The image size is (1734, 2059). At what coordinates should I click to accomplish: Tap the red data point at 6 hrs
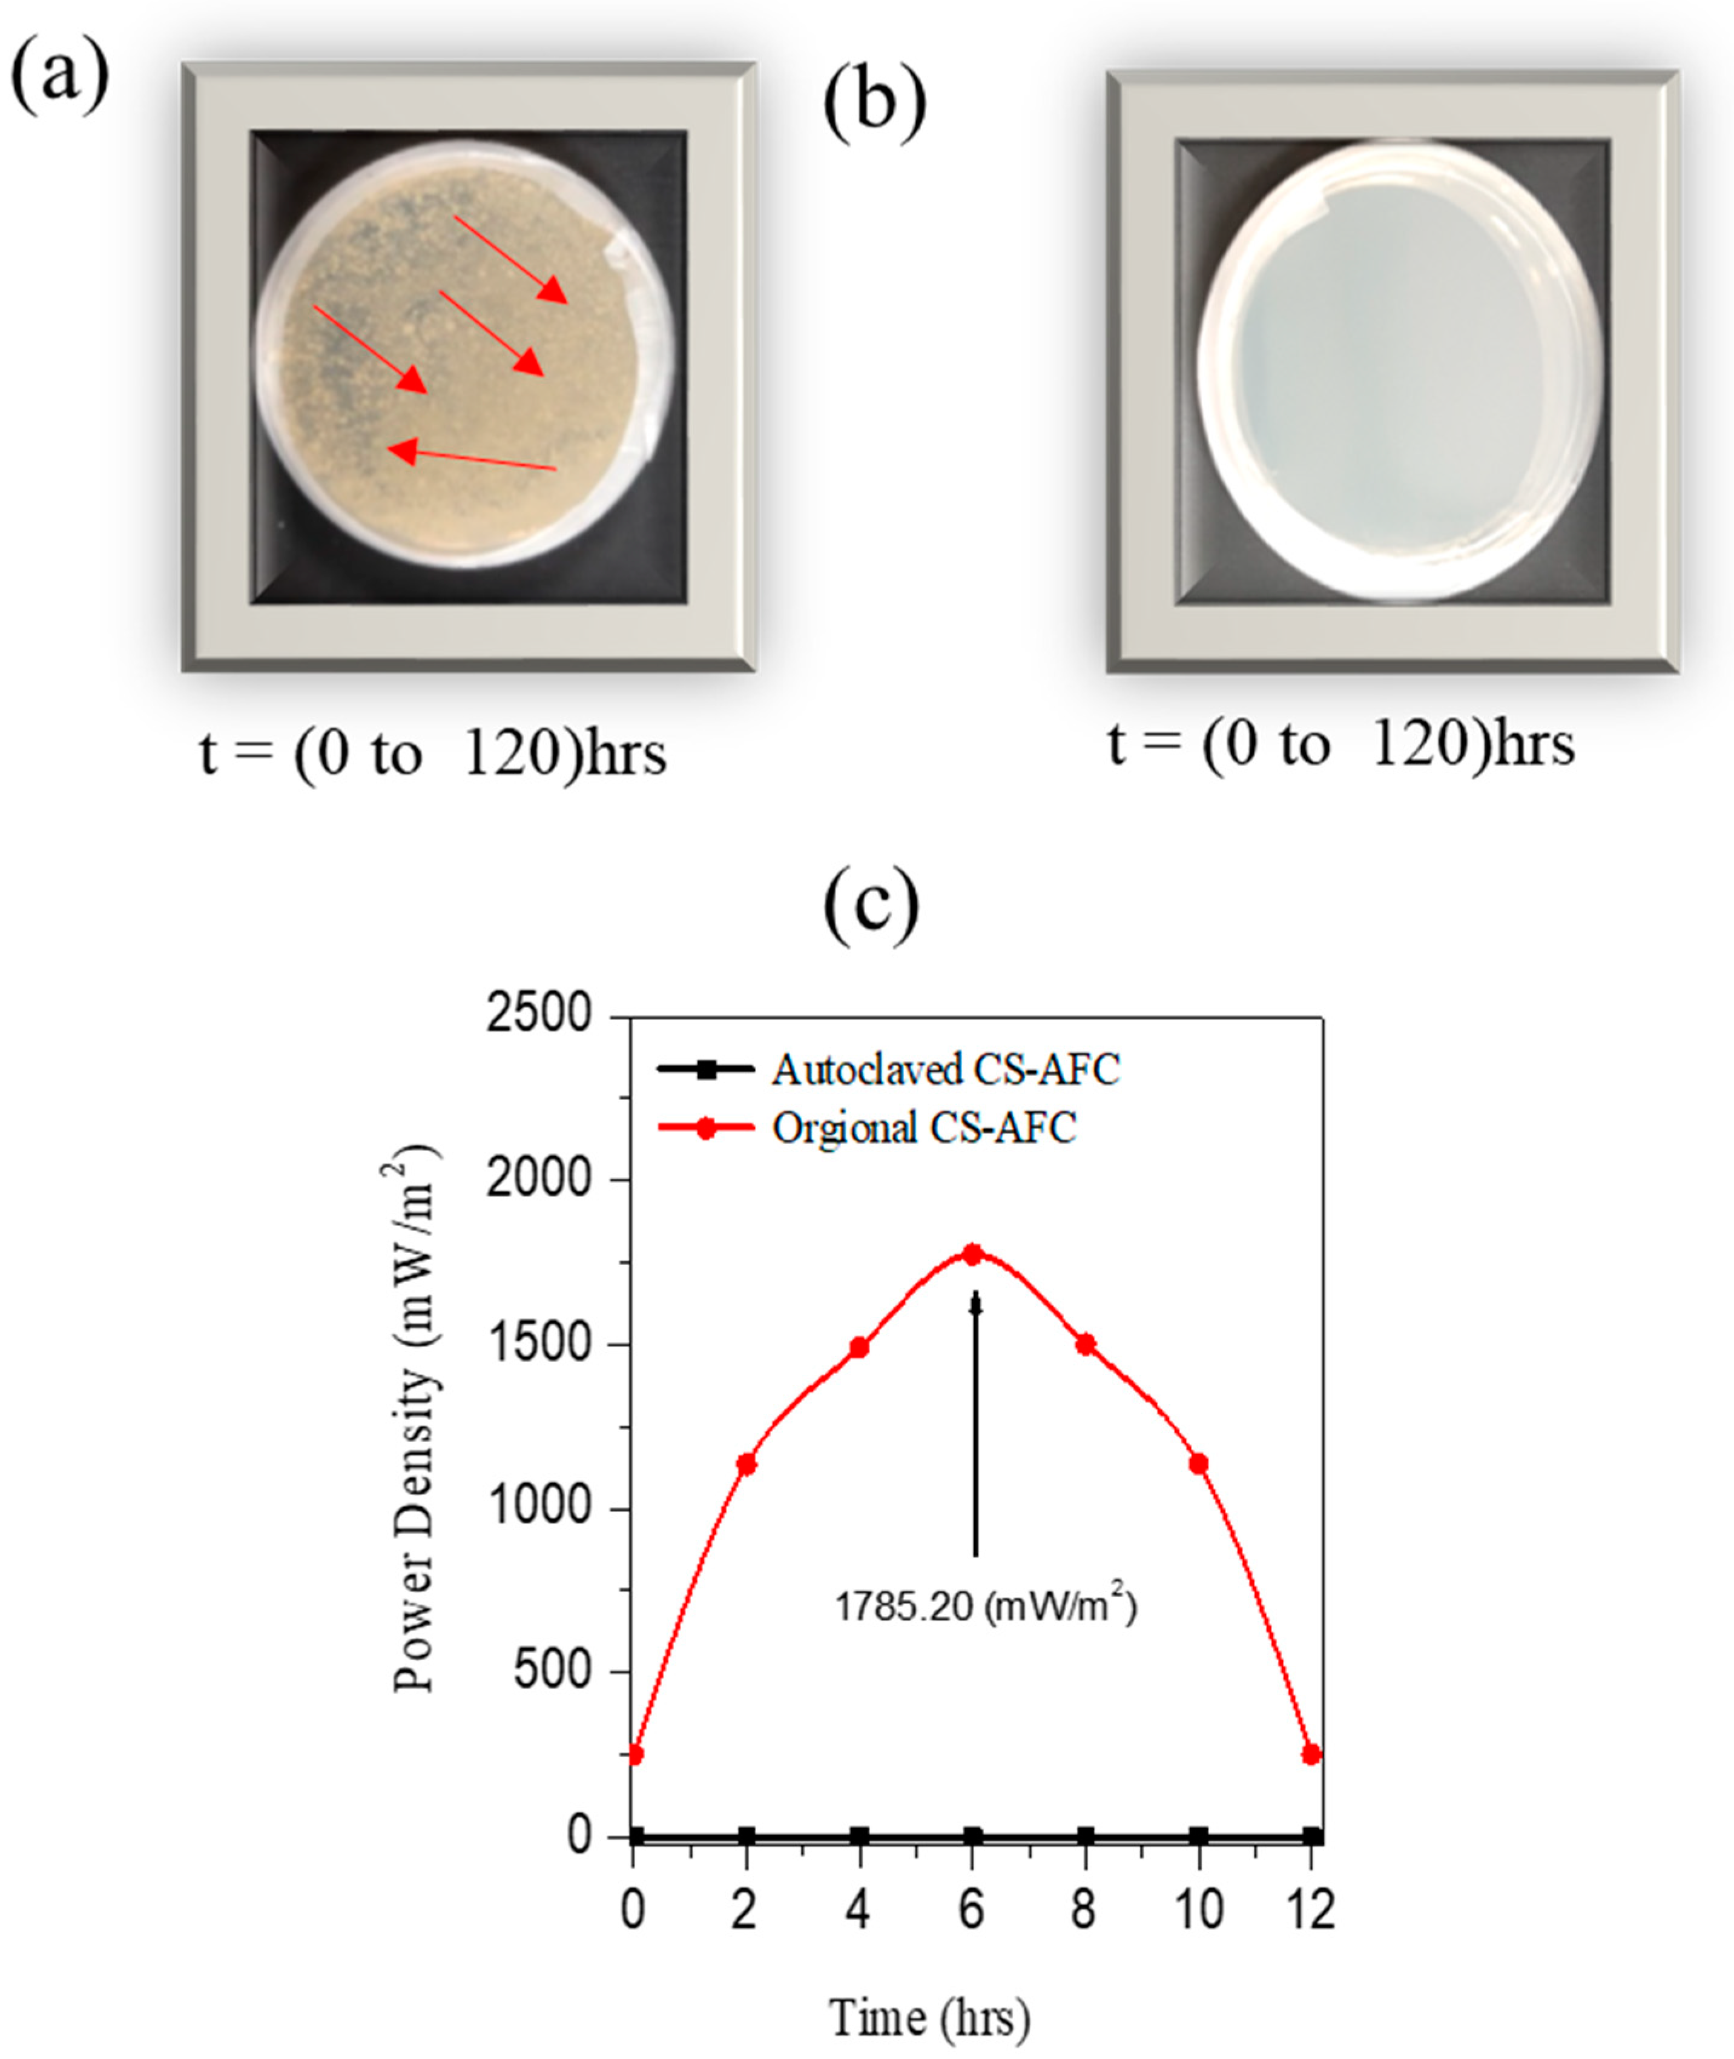coord(972,1254)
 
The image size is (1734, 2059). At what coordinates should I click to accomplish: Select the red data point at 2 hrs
coord(746,1464)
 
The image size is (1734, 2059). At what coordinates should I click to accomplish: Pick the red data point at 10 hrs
coord(1198,1464)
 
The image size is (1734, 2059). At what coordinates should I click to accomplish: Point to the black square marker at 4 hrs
coord(859,1836)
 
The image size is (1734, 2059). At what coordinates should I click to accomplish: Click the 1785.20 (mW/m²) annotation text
coord(985,1606)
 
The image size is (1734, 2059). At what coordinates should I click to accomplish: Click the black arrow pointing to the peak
coord(975,1426)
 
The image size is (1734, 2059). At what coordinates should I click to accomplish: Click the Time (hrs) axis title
coord(930,2016)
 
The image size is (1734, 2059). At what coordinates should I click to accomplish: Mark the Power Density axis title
coord(414,1426)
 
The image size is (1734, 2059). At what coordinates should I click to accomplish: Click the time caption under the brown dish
coord(432,755)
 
